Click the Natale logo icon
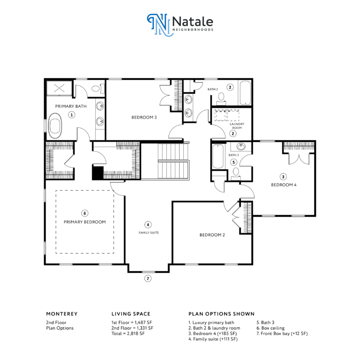point(160,25)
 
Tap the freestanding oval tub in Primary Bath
point(55,126)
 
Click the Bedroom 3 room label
point(144,117)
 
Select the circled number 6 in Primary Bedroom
point(85,213)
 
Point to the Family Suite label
point(149,232)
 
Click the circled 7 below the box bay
point(148,278)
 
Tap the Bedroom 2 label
point(212,235)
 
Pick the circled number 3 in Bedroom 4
point(283,177)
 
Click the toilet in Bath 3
point(236,173)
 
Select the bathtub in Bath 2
point(245,93)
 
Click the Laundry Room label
point(237,126)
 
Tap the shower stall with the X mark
point(59,88)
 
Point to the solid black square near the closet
point(98,172)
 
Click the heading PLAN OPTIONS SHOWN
point(222,314)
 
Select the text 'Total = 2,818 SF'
point(128,333)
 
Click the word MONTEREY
point(62,314)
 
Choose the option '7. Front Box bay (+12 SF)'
point(282,334)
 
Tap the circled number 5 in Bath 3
point(234,162)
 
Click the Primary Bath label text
point(71,106)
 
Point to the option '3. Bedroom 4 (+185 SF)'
point(213,334)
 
